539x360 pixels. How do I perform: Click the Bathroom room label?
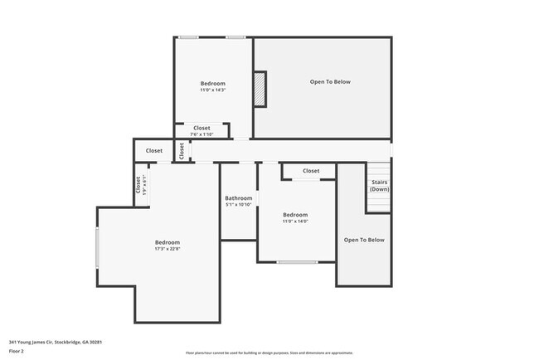point(239,198)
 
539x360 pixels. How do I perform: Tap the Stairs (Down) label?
point(378,185)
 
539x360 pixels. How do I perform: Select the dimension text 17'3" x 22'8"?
point(167,249)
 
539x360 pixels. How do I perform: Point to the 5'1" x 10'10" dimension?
point(239,205)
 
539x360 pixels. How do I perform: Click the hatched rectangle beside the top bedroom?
point(260,89)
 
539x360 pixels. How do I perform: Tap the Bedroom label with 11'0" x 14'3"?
point(212,83)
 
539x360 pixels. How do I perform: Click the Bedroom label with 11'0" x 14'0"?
point(295,215)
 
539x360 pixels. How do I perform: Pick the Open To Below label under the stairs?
point(364,240)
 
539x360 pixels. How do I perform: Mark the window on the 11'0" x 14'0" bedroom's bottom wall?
point(296,262)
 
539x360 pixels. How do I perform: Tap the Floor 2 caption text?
point(17,350)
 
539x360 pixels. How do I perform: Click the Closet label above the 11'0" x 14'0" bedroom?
point(311,171)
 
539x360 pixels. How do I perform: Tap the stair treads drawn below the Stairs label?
point(378,202)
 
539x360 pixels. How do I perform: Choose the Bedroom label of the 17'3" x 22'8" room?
point(167,242)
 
